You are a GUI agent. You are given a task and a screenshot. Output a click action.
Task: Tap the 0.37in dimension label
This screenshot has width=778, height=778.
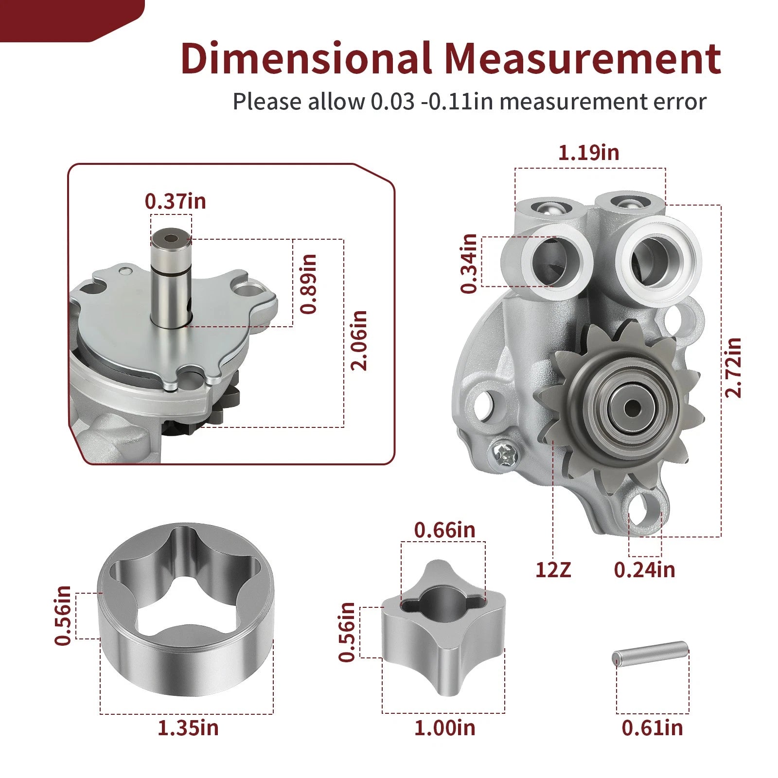pos(176,201)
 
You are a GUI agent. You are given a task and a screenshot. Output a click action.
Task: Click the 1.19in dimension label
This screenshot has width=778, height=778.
pos(588,153)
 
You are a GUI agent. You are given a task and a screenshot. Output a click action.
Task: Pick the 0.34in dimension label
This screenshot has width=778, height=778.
pos(469,264)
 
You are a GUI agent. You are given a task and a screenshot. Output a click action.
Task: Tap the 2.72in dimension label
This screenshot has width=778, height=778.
pos(733,368)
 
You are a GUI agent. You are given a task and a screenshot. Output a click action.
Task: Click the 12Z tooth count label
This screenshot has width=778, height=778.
pos(553,569)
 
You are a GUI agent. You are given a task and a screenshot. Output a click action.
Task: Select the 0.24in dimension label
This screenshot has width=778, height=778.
pos(645,569)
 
